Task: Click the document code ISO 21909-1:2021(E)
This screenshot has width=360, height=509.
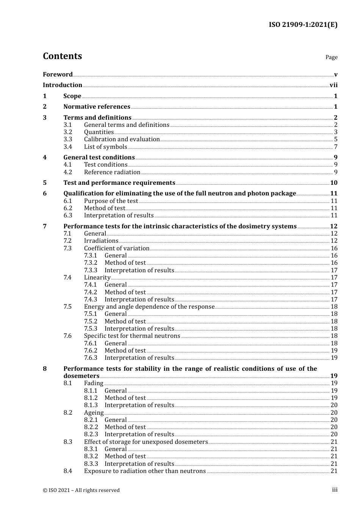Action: pos(303,25)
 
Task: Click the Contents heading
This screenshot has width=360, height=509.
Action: pos(62,56)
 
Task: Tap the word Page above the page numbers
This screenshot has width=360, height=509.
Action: pos(331,57)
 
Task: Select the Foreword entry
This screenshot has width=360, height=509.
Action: pos(58,75)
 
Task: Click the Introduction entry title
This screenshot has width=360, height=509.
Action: pos(63,85)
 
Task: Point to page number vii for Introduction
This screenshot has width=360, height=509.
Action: pos(333,85)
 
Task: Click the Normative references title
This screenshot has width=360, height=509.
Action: pos(97,107)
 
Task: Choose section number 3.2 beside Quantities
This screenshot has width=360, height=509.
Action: pos(67,132)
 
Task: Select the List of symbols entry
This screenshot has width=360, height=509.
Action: pos(105,147)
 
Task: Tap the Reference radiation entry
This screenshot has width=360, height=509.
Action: pos(112,172)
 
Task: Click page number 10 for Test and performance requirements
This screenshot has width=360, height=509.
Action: pos(333,183)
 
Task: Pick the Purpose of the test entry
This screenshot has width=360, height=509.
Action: pos(111,201)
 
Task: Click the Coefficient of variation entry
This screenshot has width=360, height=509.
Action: pos(117,248)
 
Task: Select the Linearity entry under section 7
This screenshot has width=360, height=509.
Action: pos(97,278)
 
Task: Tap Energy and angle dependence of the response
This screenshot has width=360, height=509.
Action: pos(149,307)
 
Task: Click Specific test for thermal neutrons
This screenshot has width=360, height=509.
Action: pos(132,336)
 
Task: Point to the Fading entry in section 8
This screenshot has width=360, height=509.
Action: pos(94,383)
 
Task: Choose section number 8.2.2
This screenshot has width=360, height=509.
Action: pos(91,427)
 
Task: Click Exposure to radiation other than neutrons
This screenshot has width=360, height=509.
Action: pos(145,471)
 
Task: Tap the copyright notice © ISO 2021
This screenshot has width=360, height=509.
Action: pos(81,490)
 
